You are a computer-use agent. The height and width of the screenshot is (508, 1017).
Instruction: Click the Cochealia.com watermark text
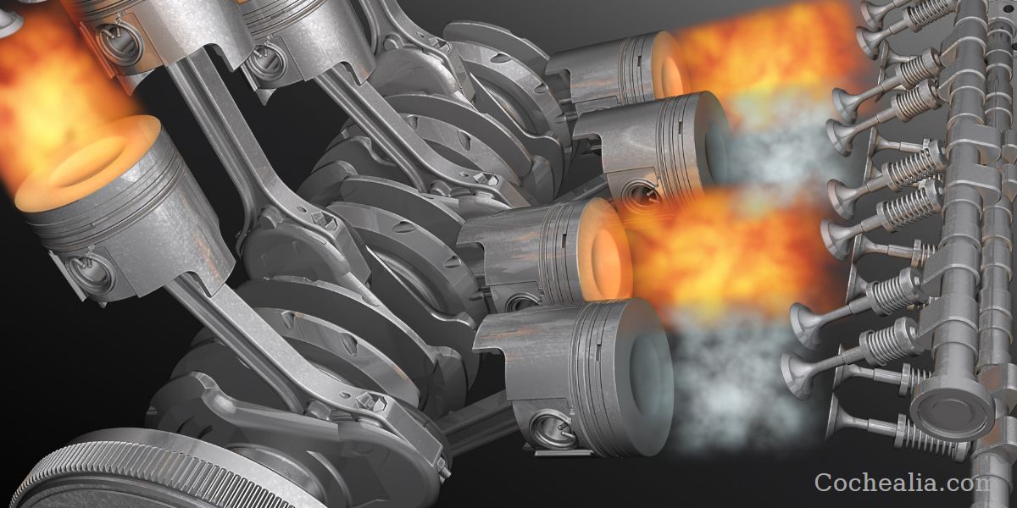tap(902, 482)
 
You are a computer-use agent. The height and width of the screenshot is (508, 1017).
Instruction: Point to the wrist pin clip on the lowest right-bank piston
tap(549, 428)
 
